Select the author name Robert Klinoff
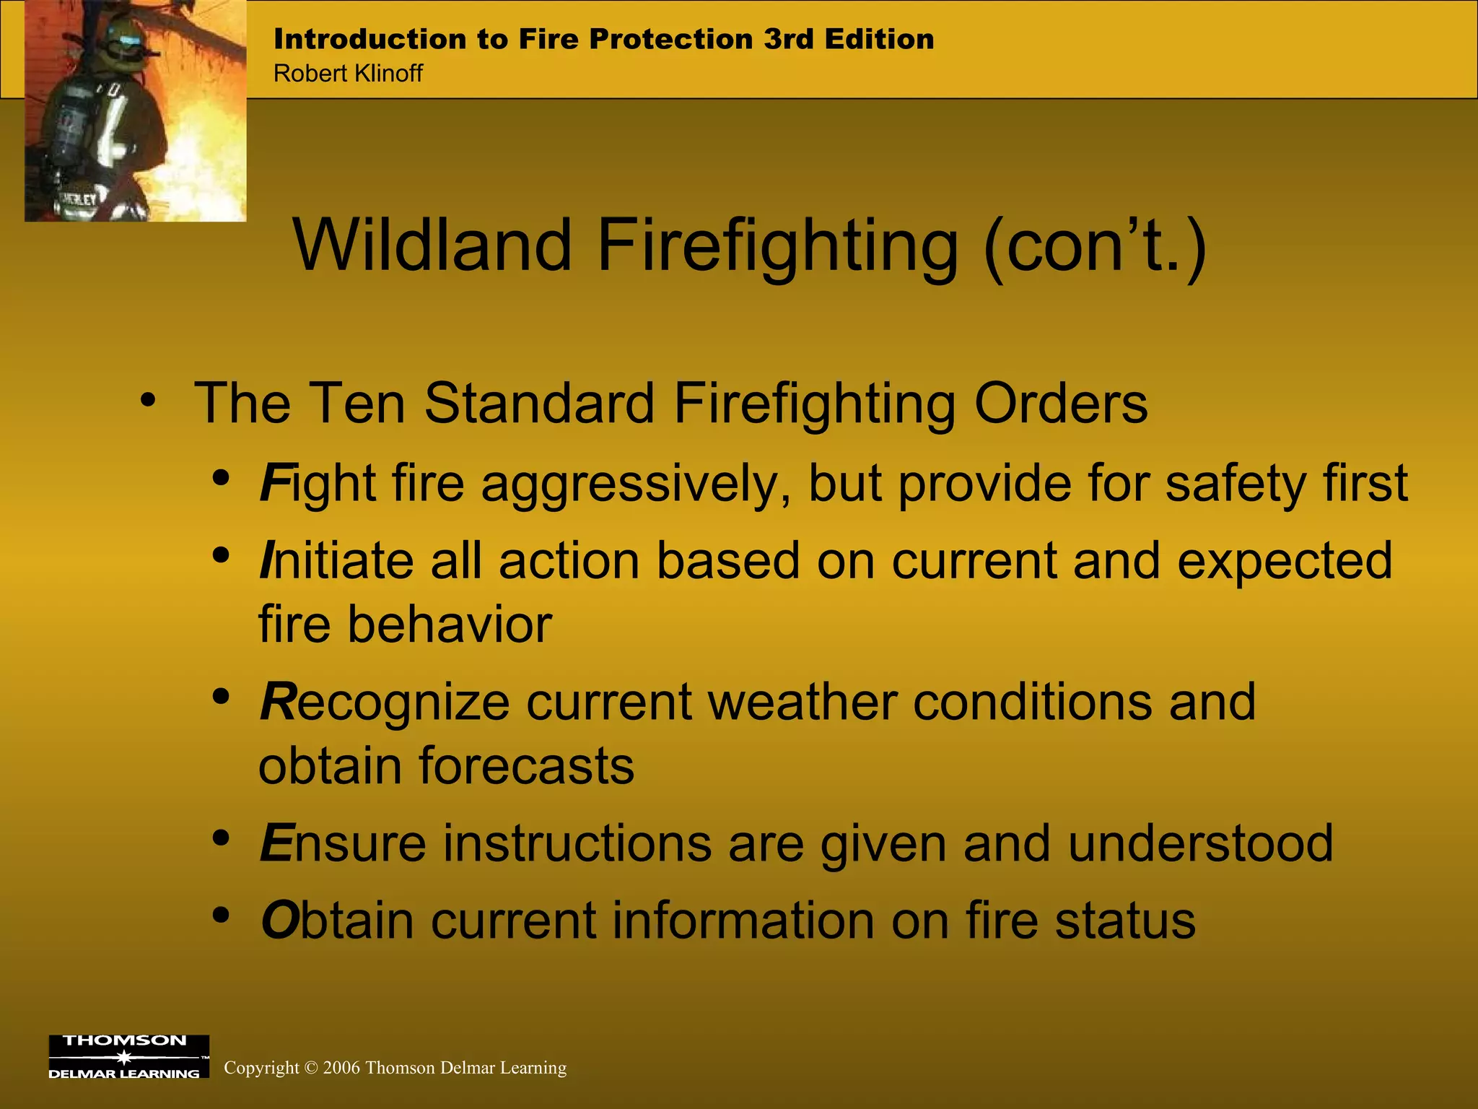pos(348,74)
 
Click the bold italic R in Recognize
pos(278,702)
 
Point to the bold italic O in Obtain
pos(279,921)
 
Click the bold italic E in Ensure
pos(276,843)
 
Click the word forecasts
pos(526,766)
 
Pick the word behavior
pos(450,625)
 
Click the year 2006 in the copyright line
pos(341,1068)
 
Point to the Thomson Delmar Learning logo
pos(128,1056)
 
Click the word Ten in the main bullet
pos(359,403)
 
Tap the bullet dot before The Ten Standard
pos(148,401)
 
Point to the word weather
pos(802,702)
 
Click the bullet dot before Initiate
pos(222,556)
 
